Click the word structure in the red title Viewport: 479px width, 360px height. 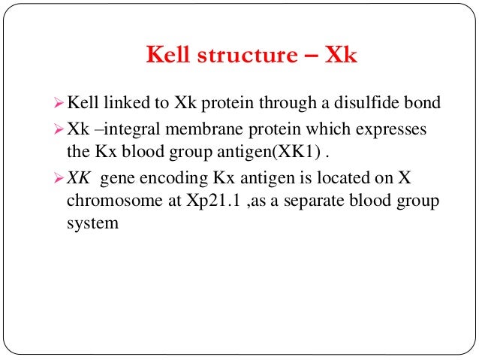pos(252,57)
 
